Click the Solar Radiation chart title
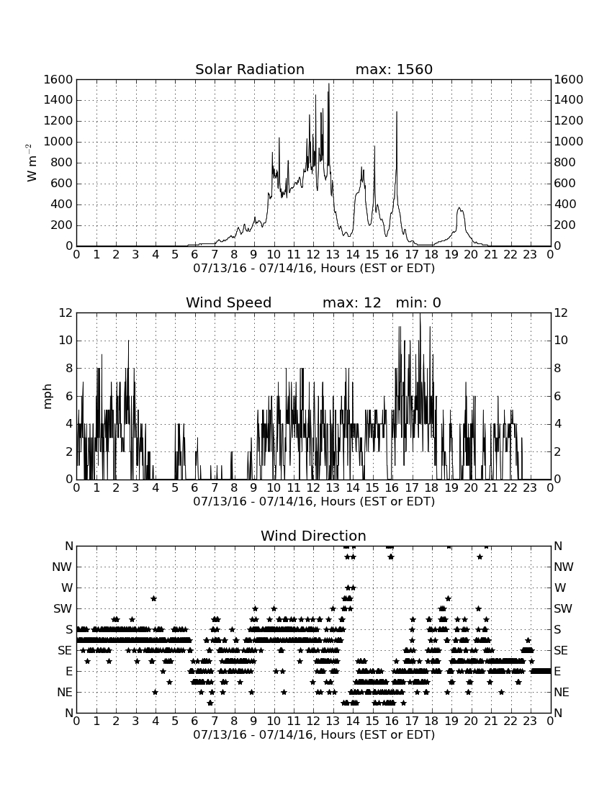click(x=250, y=69)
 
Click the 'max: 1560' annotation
click(x=394, y=69)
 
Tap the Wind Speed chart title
click(x=229, y=302)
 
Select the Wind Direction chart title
click(x=313, y=536)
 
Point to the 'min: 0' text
click(x=418, y=302)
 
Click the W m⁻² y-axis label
click(x=31, y=163)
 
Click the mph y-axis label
click(x=48, y=397)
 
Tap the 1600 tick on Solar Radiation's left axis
click(x=58, y=79)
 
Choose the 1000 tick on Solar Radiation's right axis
click(x=569, y=142)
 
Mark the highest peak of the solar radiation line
click(x=329, y=84)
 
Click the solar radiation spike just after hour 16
click(x=397, y=112)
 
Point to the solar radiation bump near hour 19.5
click(x=459, y=209)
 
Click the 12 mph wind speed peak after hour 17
click(x=420, y=314)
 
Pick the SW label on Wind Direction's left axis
click(x=63, y=608)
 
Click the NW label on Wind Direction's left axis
click(x=62, y=567)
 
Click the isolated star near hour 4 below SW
click(x=153, y=598)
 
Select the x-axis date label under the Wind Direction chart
click(x=314, y=734)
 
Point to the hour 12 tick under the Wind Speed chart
click(x=313, y=488)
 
